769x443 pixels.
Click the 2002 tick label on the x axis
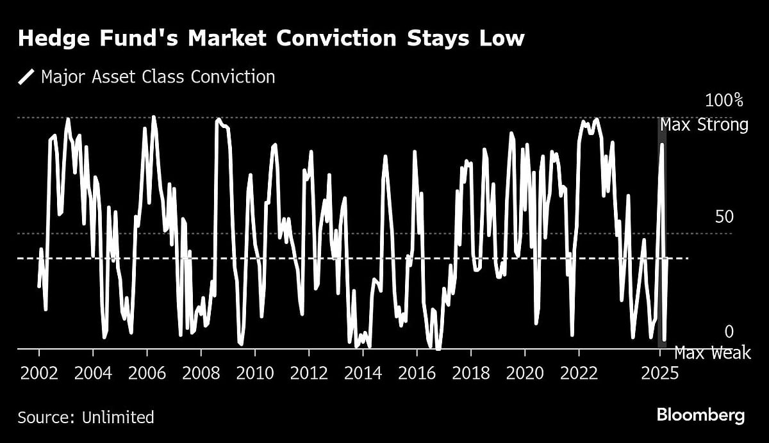pos(39,373)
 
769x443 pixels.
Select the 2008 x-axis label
pos(201,373)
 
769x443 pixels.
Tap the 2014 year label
pos(363,373)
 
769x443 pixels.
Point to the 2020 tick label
pos(524,373)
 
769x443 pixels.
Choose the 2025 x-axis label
pos(659,373)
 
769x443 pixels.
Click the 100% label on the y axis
pos(724,101)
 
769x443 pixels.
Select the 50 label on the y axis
pos(724,217)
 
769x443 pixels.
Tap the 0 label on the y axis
pos(729,332)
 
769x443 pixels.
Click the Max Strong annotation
pos(704,125)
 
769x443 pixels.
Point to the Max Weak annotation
pos(712,353)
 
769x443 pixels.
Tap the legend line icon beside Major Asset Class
pos(27,77)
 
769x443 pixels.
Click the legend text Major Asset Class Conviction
pos(158,77)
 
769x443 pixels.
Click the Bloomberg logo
pos(700,415)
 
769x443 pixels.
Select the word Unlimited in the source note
pos(118,418)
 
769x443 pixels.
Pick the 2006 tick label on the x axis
pos(147,373)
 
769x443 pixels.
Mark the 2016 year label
pos(417,373)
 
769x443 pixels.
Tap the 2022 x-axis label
pos(578,373)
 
